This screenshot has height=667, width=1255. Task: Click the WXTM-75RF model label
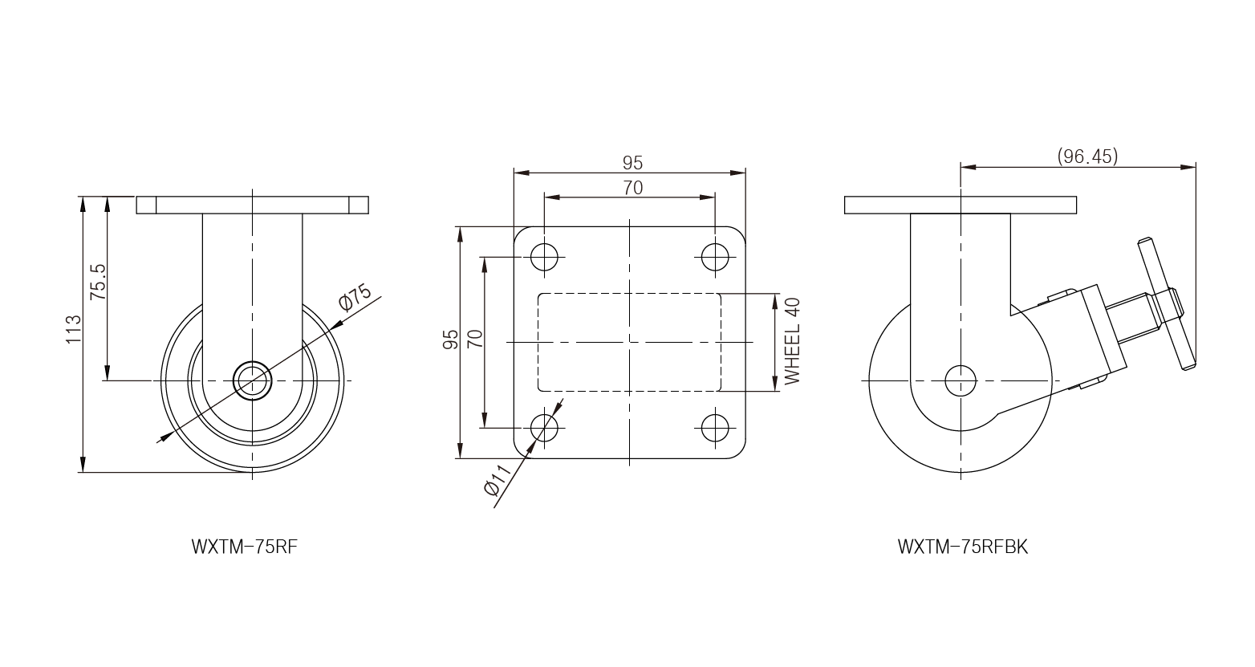tap(244, 547)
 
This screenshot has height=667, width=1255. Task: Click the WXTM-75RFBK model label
tap(963, 547)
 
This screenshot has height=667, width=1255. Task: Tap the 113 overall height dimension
tap(74, 329)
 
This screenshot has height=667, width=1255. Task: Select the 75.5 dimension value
tap(98, 281)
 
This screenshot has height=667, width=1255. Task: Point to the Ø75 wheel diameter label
tap(355, 298)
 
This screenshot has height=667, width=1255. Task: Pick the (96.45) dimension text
tap(1087, 157)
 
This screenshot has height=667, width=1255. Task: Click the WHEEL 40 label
tap(792, 341)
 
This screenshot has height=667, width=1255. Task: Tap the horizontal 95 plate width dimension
tap(632, 163)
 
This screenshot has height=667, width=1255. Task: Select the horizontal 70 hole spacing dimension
tap(632, 188)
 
